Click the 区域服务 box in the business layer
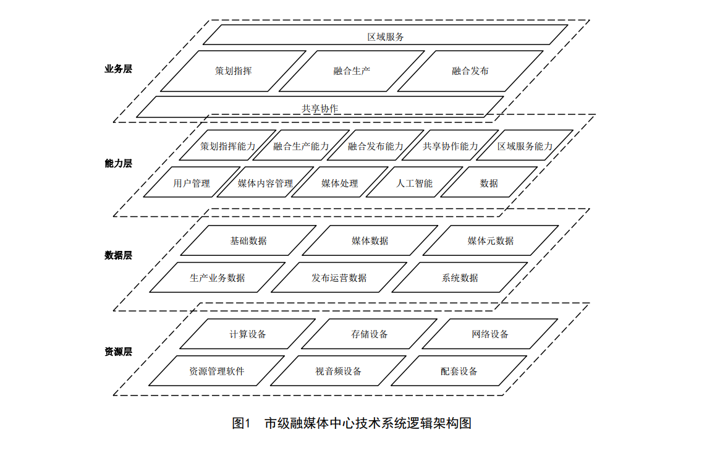pyautogui.click(x=386, y=36)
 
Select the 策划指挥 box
pyautogui.click(x=233, y=71)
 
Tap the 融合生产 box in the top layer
pyautogui.click(x=352, y=71)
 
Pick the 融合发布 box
pyautogui.click(x=470, y=71)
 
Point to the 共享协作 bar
pyautogui.click(x=320, y=108)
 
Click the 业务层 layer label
pyautogui.click(x=118, y=69)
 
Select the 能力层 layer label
pyautogui.click(x=118, y=163)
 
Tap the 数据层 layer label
pyautogui.click(x=118, y=255)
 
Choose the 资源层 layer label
pyautogui.click(x=118, y=352)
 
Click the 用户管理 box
pyautogui.click(x=192, y=183)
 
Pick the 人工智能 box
pyautogui.click(x=414, y=183)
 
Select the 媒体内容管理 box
pyautogui.click(x=265, y=183)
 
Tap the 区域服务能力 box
pyautogui.click(x=525, y=146)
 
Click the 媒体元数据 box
pyautogui.click(x=491, y=241)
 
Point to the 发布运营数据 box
pyautogui.click(x=339, y=278)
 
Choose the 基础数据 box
pyautogui.click(x=248, y=241)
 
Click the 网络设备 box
pyautogui.click(x=490, y=334)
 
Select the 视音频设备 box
pyautogui.click(x=338, y=371)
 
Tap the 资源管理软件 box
pyautogui.click(x=217, y=371)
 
